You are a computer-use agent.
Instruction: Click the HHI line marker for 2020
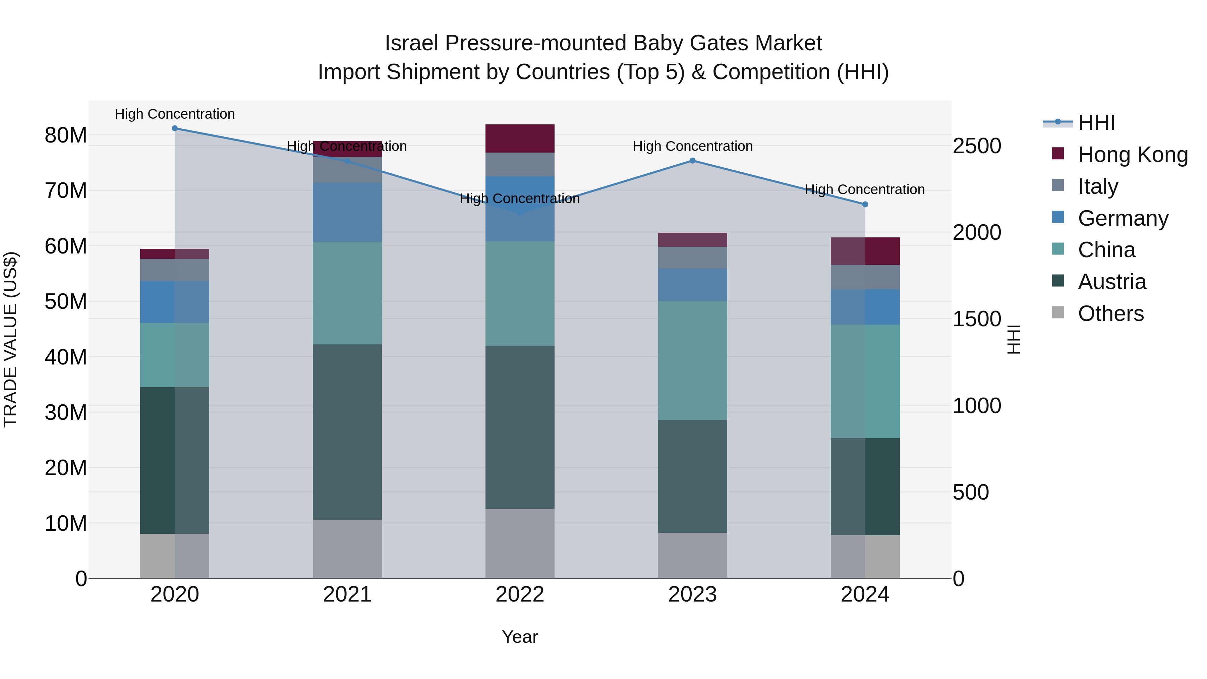175,128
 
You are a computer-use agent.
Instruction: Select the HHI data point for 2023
693,161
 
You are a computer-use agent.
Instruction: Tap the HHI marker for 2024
865,204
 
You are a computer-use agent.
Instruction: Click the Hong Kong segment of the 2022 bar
520,139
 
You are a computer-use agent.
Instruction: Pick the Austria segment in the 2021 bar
347,432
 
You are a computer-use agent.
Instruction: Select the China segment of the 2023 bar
693,360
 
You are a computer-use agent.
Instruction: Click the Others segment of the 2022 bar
520,544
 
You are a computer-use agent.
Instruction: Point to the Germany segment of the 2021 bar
347,212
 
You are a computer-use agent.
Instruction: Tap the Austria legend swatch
1058,281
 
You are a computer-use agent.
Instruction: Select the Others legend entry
1110,314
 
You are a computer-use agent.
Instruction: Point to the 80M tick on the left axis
66,135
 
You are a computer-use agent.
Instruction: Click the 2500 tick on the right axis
977,146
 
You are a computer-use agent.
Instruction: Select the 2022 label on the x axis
520,595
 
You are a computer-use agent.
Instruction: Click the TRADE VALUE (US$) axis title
10,339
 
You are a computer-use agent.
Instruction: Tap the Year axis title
520,637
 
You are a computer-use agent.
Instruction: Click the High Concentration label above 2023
693,146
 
